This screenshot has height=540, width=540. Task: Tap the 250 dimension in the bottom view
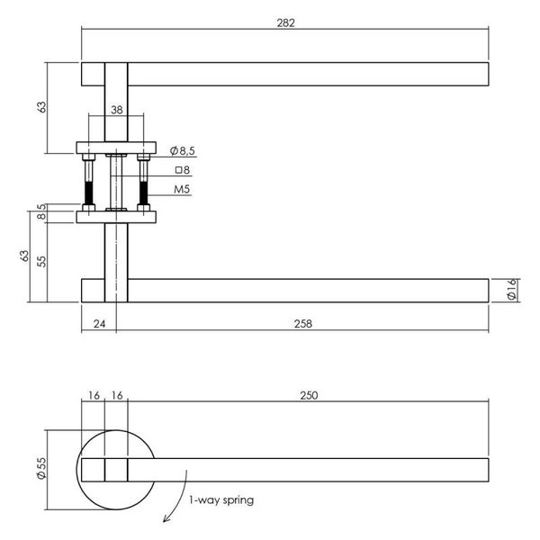[x=308, y=395]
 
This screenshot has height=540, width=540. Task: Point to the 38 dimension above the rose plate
[x=116, y=110]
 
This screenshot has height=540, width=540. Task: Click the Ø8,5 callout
[x=183, y=150]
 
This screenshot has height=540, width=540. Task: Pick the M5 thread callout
[x=182, y=190]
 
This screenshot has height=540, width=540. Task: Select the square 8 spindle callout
[x=182, y=170]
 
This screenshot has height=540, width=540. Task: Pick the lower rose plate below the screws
[x=116, y=216]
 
